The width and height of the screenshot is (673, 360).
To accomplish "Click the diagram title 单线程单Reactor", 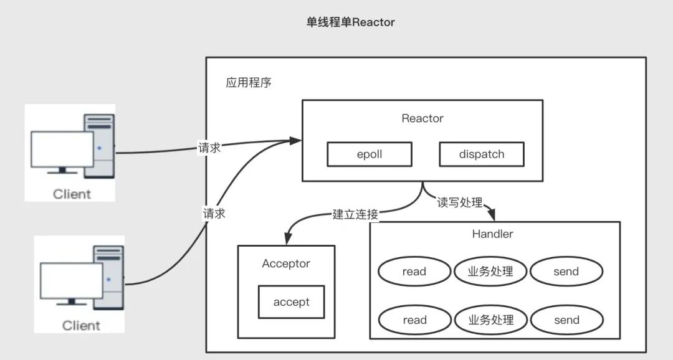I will (350, 22).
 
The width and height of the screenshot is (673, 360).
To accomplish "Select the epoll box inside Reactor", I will (370, 154).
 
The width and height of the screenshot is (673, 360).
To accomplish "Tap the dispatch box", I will (481, 154).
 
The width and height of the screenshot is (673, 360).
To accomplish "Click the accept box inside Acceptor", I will (291, 302).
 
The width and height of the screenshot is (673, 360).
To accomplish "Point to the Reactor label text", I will (422, 118).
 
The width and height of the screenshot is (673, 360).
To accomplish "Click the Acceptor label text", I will (286, 263).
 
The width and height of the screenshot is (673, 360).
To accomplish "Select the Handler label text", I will (492, 234).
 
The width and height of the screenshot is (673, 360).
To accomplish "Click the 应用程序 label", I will (249, 82).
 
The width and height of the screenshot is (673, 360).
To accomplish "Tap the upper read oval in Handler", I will (414, 272).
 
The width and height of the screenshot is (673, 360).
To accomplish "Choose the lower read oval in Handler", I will (414, 320).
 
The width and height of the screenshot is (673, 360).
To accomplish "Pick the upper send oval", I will (566, 272).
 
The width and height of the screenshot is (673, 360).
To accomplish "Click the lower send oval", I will (566, 320).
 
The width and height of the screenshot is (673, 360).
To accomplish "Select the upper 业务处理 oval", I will (491, 272).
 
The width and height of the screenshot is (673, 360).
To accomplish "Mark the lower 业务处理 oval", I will (491, 320).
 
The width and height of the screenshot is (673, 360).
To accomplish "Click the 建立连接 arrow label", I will (355, 215).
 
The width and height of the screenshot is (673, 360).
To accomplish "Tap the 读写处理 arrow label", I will (460, 202).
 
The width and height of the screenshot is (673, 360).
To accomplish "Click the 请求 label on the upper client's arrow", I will (209, 148).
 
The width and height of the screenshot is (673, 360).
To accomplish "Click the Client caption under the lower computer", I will (81, 325).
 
